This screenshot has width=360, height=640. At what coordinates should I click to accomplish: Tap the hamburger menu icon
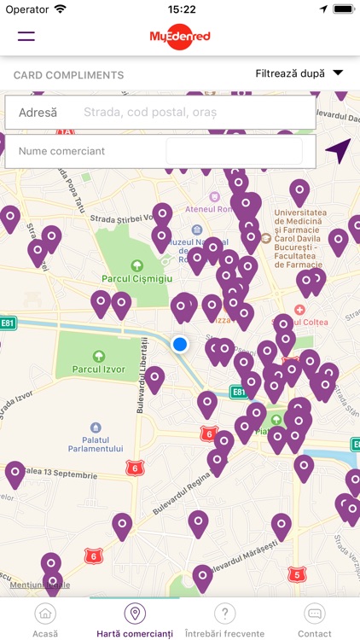(x=26, y=35)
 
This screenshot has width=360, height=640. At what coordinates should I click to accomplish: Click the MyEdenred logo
(x=180, y=35)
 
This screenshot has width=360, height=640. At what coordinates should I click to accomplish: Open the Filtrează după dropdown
(x=299, y=73)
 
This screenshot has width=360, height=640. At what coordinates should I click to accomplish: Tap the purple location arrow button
(x=337, y=151)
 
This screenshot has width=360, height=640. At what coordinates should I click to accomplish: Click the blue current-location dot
(x=179, y=344)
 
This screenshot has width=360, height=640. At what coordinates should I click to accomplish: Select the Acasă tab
(x=45, y=620)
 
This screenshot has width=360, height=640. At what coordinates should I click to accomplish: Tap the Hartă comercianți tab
(x=135, y=620)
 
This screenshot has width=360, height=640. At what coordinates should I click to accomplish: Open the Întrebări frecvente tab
(x=224, y=620)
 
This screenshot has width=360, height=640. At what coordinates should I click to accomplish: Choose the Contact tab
(x=314, y=620)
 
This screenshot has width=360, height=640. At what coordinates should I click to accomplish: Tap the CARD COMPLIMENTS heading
(x=69, y=75)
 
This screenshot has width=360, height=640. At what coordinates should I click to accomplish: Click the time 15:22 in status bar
(x=182, y=9)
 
